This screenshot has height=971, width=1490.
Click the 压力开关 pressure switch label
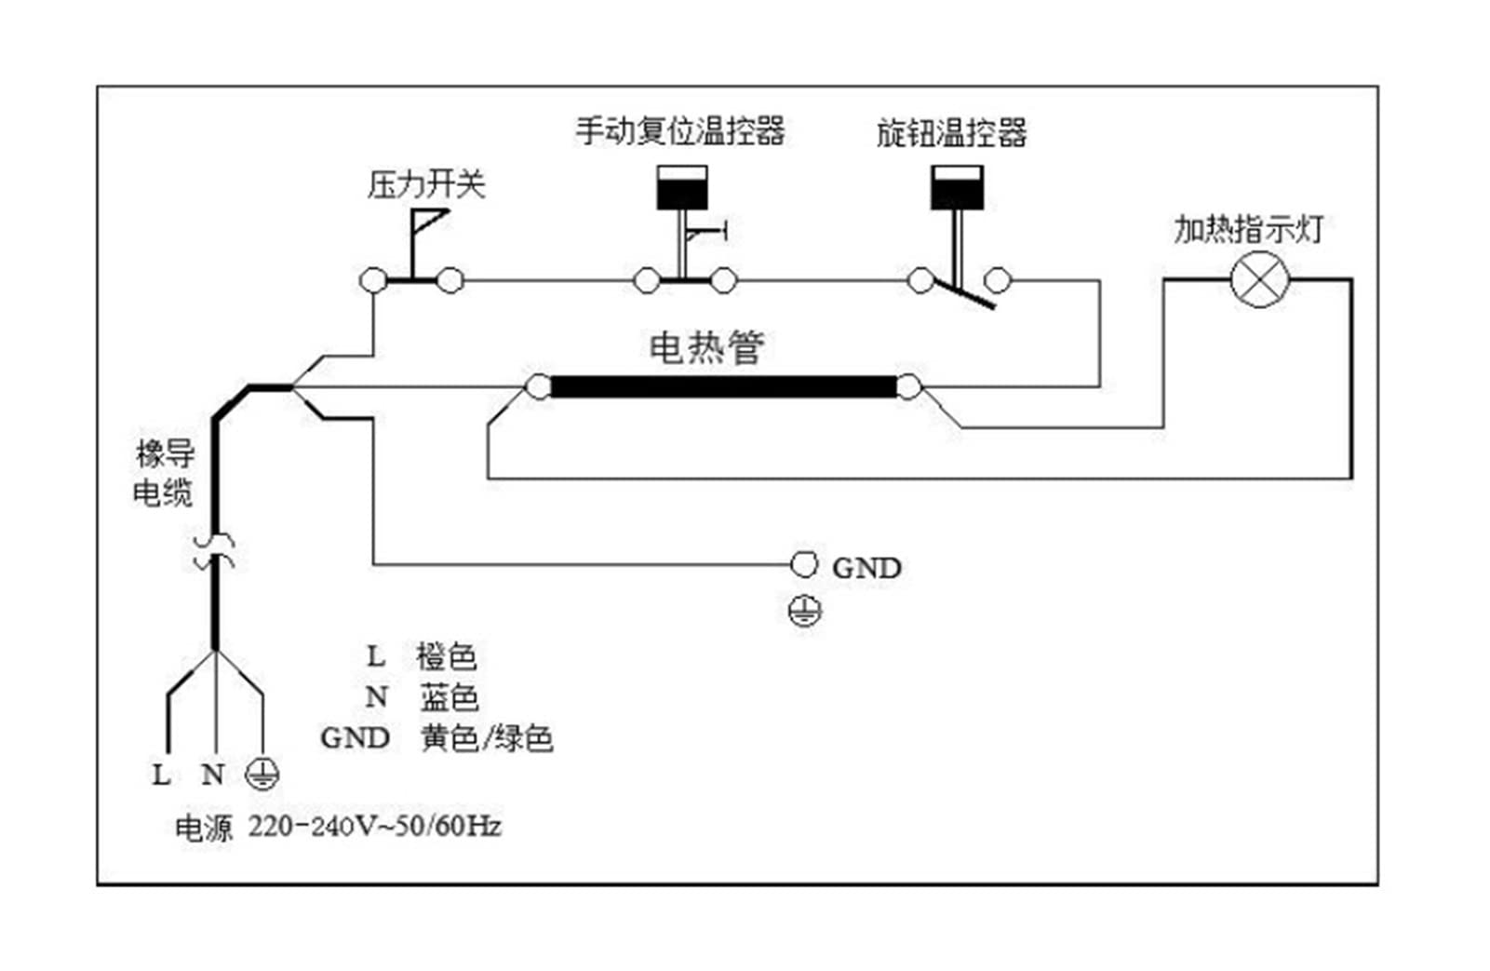(426, 184)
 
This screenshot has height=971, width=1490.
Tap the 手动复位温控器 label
(680, 130)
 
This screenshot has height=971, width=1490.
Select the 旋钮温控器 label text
(951, 132)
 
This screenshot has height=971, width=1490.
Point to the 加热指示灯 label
(1248, 230)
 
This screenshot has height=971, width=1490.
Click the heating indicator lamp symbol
(1260, 279)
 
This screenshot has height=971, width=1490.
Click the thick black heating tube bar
(724, 386)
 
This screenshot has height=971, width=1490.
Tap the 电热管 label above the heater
(706, 346)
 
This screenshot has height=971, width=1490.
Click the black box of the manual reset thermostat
(682, 188)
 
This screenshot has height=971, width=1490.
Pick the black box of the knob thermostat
(957, 188)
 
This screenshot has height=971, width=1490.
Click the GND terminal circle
(803, 564)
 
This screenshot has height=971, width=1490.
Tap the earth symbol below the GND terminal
(805, 611)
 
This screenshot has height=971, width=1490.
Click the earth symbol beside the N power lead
(262, 774)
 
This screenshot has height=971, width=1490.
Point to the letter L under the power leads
(161, 775)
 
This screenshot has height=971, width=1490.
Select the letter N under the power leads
(212, 775)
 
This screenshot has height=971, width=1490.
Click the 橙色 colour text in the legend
(447, 657)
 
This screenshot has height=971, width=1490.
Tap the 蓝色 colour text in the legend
(449, 697)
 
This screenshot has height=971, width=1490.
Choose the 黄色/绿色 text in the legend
(486, 738)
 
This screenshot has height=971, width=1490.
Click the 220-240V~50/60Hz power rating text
(374, 827)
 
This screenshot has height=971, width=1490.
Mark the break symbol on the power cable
(214, 552)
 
